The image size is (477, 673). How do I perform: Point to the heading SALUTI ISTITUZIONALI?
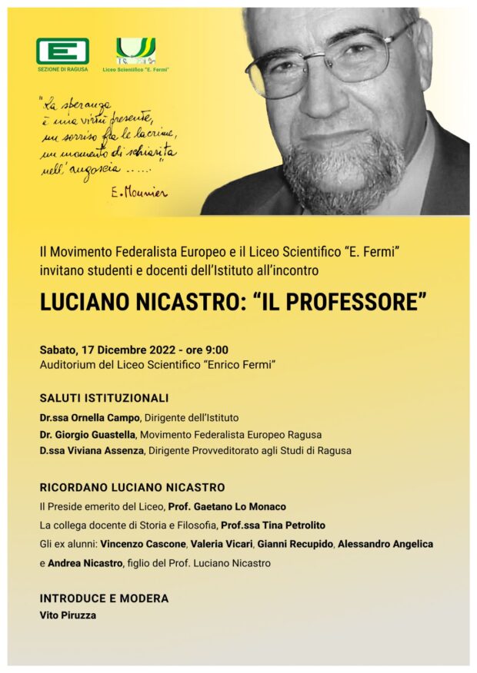point(104,398)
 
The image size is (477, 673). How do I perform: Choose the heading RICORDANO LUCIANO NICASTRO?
point(132,487)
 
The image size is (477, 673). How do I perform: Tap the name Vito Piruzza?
point(68,615)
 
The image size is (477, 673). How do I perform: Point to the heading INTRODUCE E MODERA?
point(104,598)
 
